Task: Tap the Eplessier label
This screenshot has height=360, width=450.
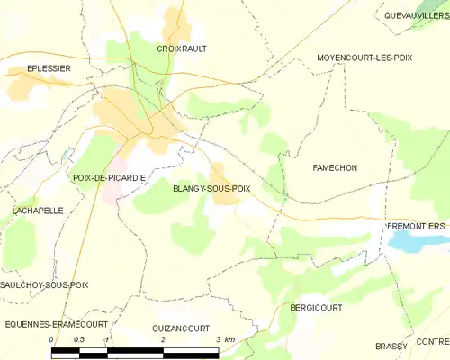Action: click(49, 67)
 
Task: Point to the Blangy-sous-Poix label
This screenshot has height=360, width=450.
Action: click(211, 188)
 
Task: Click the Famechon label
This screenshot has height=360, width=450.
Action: click(335, 168)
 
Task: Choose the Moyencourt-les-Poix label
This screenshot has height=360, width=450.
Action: click(364, 57)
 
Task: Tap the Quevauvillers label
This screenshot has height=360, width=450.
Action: click(415, 15)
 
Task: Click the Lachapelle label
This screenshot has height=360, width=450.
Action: click(37, 210)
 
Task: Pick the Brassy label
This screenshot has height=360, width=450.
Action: click(391, 346)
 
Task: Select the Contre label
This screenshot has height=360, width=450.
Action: click(433, 341)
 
